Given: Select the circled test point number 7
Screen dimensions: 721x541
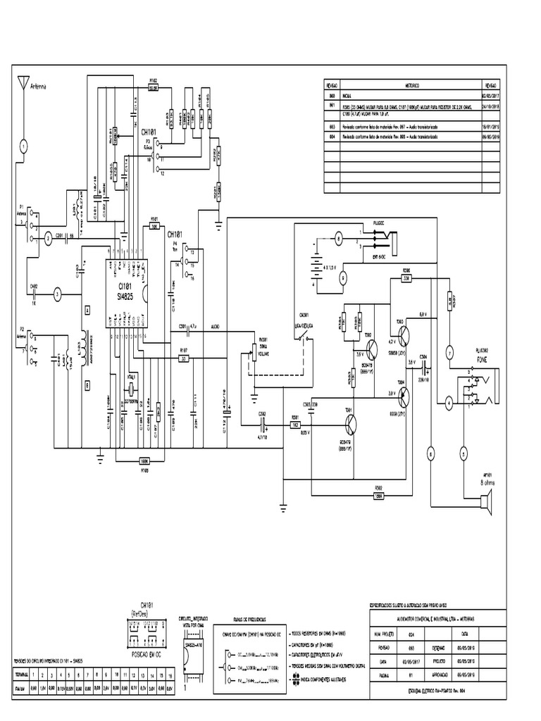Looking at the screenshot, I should click(449, 353).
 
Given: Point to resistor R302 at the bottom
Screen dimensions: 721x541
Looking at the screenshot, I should click(380, 494).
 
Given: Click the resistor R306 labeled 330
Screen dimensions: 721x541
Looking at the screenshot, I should click(406, 278).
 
